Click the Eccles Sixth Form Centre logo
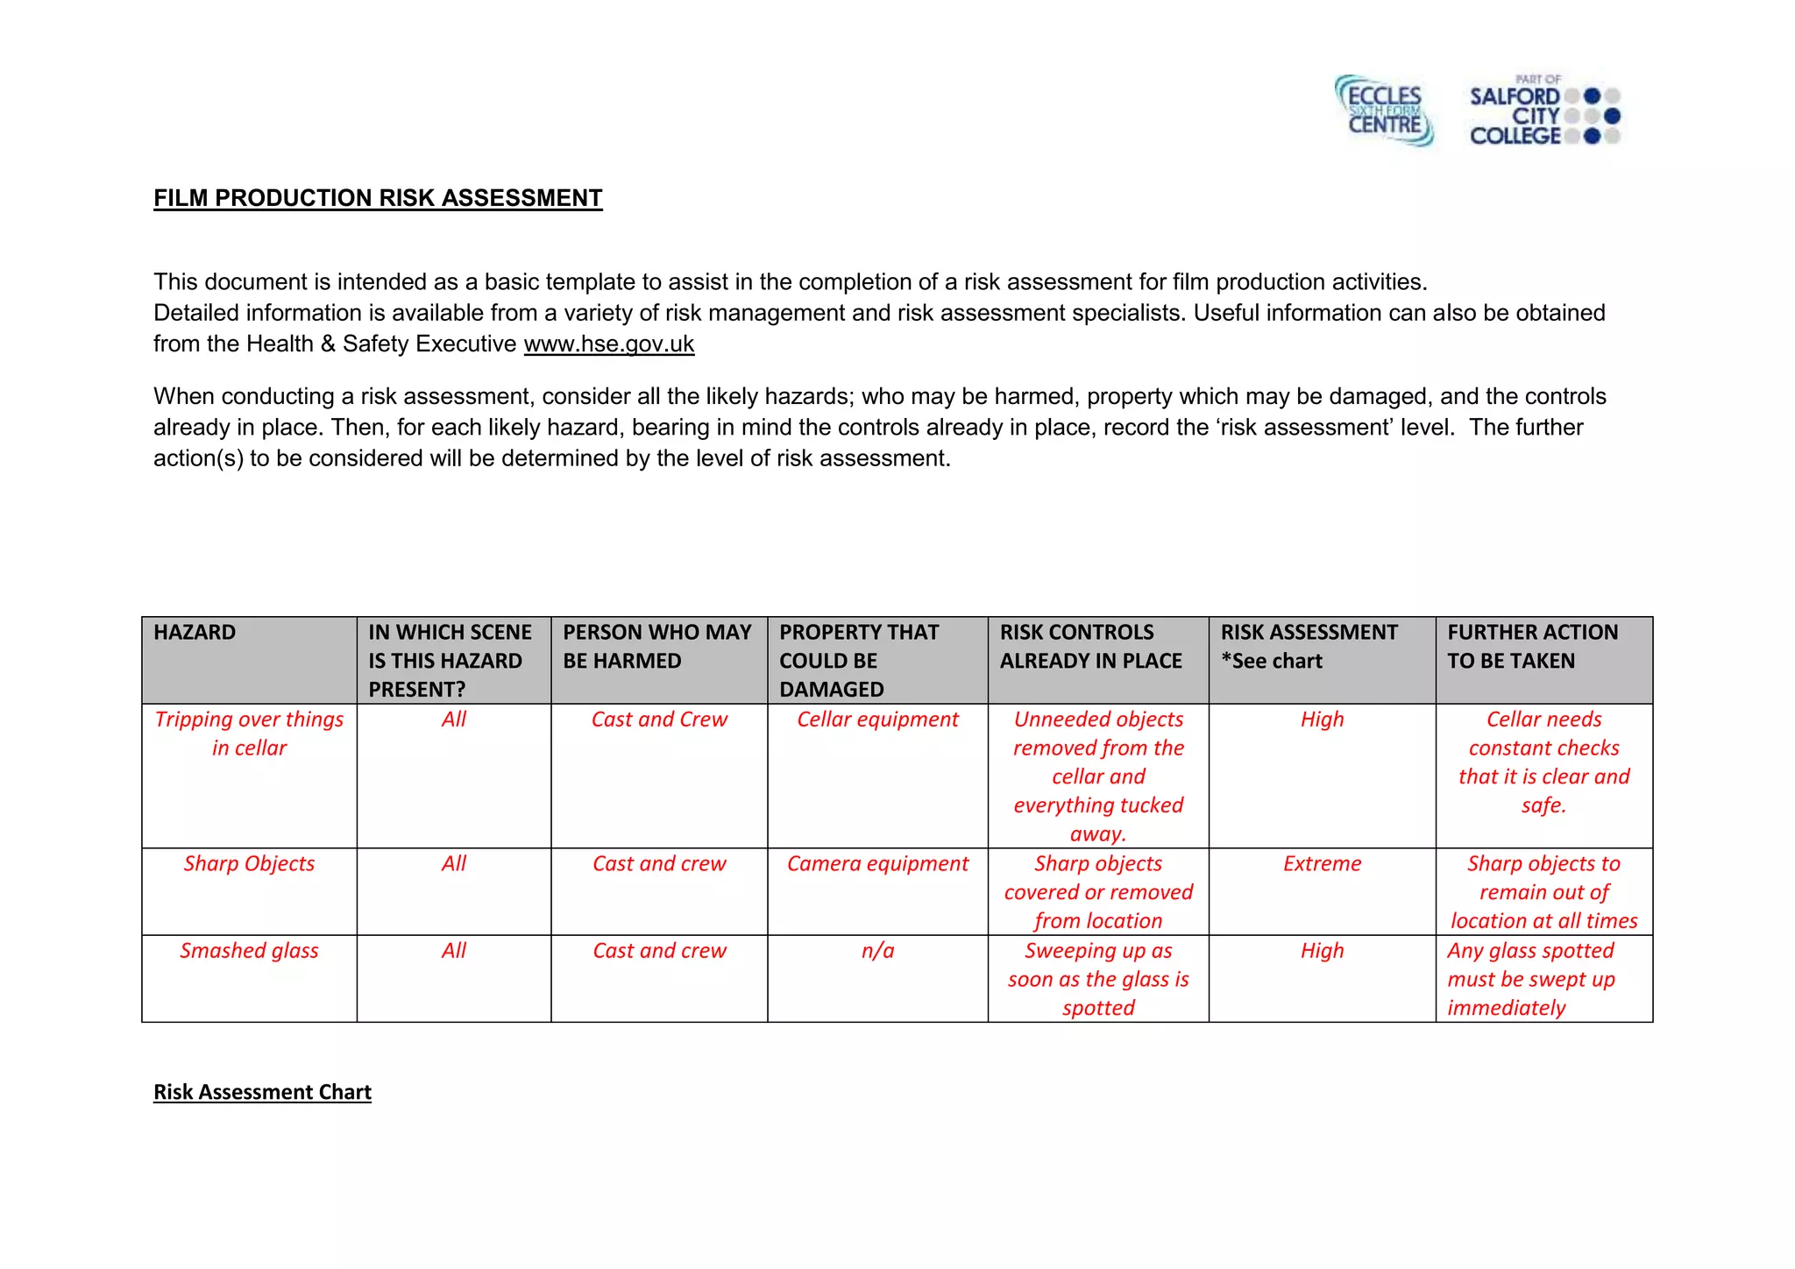tap(1383, 111)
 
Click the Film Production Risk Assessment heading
tap(378, 198)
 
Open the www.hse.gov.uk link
tap(608, 344)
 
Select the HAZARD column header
tap(195, 633)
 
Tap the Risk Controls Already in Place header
tap(1090, 647)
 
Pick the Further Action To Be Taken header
tap(1531, 647)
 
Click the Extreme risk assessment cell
tap(1322, 864)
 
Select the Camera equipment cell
tap(877, 864)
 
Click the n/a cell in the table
tap(877, 951)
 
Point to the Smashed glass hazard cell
tap(249, 951)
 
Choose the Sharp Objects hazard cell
tap(249, 864)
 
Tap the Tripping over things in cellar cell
tap(249, 734)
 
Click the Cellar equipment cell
tap(877, 720)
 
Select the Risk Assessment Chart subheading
tap(262, 1092)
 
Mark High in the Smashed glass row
tap(1322, 951)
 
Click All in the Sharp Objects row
tap(453, 864)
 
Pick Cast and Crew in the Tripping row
tap(659, 720)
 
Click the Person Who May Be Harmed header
tap(656, 647)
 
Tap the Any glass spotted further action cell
tap(1530, 979)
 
